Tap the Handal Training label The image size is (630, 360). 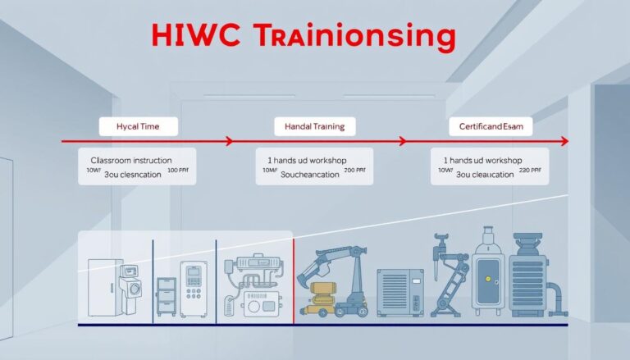pyautogui.click(x=315, y=126)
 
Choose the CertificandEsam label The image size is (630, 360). pyautogui.click(x=491, y=126)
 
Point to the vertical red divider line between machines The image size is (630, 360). pyautogui.click(x=294, y=279)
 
